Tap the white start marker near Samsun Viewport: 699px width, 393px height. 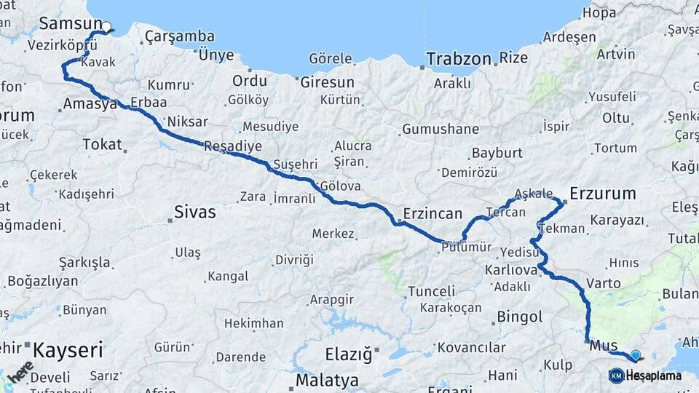pos(106,28)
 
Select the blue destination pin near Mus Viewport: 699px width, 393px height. pos(636,355)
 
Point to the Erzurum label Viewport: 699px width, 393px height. pos(602,194)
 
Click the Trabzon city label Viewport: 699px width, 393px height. pos(459,58)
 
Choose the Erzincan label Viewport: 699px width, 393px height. pos(434,213)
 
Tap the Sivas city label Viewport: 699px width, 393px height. pos(194,212)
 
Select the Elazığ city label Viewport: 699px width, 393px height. pos(348,355)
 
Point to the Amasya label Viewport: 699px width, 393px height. pos(90,103)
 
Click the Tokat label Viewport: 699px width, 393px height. pos(102,144)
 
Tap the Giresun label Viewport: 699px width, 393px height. pos(328,82)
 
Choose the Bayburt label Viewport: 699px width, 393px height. pos(497,153)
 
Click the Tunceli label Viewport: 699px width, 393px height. pos(431,291)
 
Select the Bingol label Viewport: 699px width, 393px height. pos(519,317)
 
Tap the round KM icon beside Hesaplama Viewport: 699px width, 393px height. pos(617,376)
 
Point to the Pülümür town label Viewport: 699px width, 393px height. pos(467,247)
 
